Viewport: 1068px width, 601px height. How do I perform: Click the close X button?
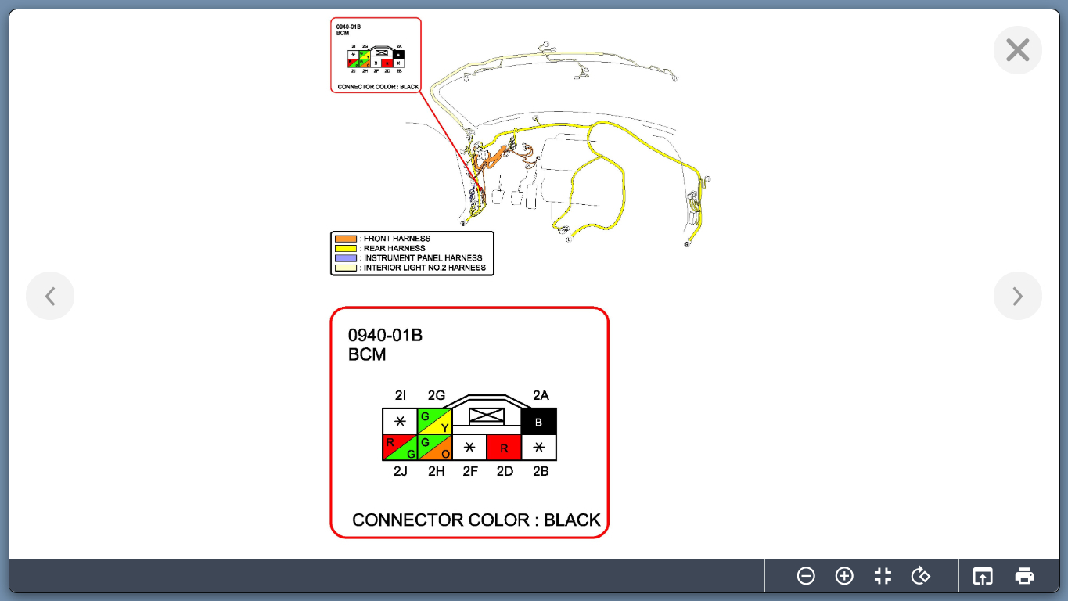pyautogui.click(x=1017, y=50)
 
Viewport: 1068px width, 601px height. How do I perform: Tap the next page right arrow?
pyautogui.click(x=1017, y=296)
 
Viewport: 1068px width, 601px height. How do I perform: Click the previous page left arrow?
pyautogui.click(x=50, y=296)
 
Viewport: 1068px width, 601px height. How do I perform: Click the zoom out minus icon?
pyautogui.click(x=806, y=576)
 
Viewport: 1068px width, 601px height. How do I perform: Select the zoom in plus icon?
pyautogui.click(x=844, y=576)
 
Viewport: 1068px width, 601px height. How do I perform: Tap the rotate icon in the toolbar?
pyautogui.click(x=921, y=576)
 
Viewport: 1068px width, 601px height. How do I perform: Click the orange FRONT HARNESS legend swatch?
pyautogui.click(x=345, y=239)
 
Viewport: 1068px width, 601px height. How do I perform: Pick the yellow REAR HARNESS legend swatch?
pyautogui.click(x=345, y=248)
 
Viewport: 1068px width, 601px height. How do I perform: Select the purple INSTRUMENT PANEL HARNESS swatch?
pyautogui.click(x=345, y=257)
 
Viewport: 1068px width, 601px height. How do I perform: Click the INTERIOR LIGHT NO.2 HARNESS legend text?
pyautogui.click(x=424, y=268)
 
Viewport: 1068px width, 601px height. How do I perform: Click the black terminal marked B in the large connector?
pyautogui.click(x=538, y=422)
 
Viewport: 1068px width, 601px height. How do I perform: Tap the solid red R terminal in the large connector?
pyautogui.click(x=504, y=448)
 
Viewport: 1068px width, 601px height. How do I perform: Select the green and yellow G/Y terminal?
pyautogui.click(x=435, y=422)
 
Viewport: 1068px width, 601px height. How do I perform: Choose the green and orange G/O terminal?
pyautogui.click(x=435, y=448)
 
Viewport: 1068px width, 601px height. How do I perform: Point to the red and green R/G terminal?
pyautogui.click(x=400, y=448)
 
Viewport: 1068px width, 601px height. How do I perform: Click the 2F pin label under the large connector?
pyautogui.click(x=469, y=472)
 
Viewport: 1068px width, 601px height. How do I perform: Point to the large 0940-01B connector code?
pyautogui.click(x=385, y=336)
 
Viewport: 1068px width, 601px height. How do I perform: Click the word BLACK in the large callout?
pyautogui.click(x=572, y=520)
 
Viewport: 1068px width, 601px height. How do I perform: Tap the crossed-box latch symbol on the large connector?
pyautogui.click(x=486, y=416)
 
